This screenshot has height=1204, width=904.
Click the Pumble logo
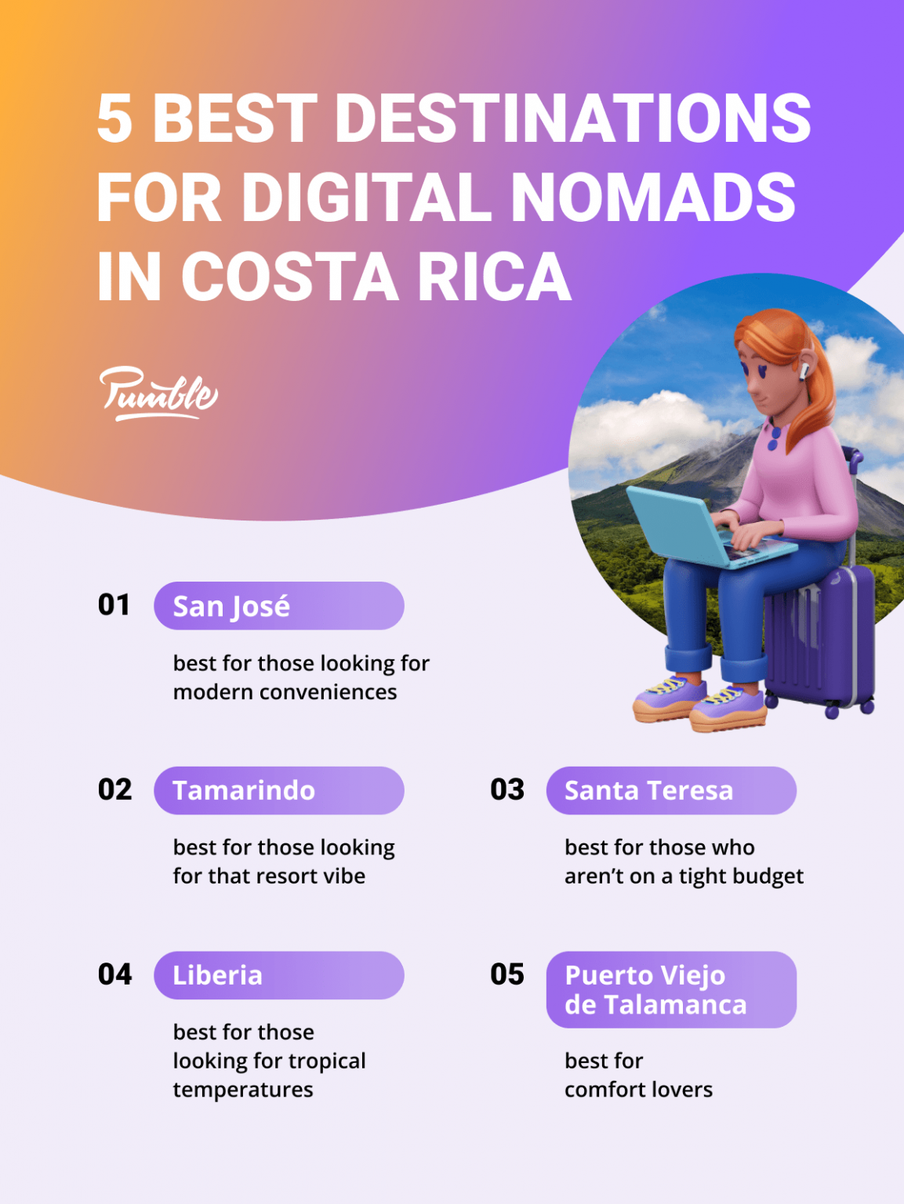pyautogui.click(x=158, y=393)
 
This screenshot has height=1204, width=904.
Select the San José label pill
pyautogui.click(x=278, y=606)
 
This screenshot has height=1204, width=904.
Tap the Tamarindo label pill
pyautogui.click(x=278, y=790)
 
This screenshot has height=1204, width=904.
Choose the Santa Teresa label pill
pyautogui.click(x=670, y=790)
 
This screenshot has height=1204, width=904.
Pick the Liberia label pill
pyautogui.click(x=278, y=975)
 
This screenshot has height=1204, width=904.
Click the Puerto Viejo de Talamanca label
pyautogui.click(x=670, y=989)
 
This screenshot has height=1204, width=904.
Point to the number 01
pyautogui.click(x=114, y=605)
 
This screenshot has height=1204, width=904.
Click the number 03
pyautogui.click(x=507, y=789)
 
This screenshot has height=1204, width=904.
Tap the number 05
pyautogui.click(x=507, y=974)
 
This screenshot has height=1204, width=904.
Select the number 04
pyautogui.click(x=114, y=974)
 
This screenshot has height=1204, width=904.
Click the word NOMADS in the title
pyautogui.click(x=653, y=198)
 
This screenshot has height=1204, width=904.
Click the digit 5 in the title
pyautogui.click(x=114, y=119)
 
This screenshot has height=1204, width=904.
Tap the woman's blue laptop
pyautogui.click(x=690, y=525)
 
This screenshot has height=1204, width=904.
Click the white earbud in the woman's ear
pyautogui.click(x=803, y=369)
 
